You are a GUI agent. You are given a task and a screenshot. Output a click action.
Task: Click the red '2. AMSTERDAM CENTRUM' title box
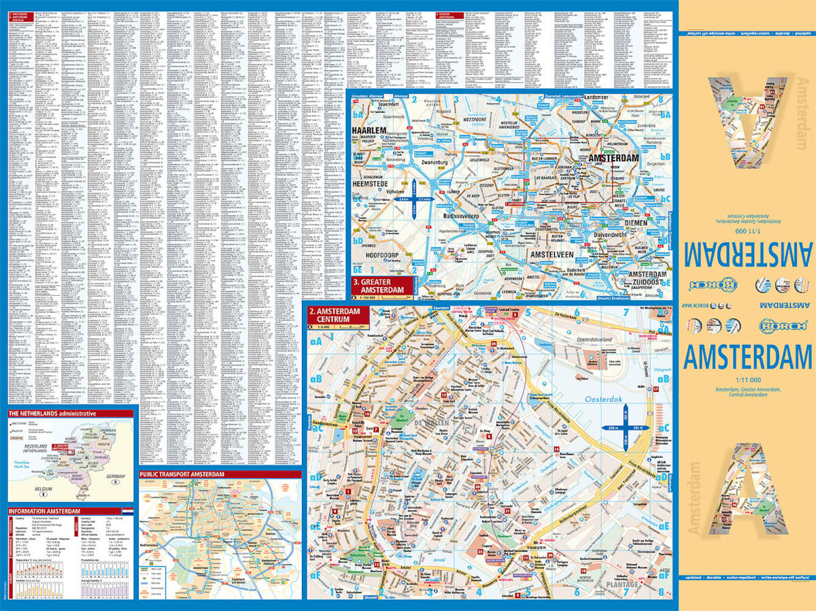(337, 316)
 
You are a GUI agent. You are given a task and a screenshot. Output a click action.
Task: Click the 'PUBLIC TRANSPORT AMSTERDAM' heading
(182, 474)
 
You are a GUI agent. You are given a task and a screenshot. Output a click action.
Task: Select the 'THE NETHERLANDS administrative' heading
(52, 414)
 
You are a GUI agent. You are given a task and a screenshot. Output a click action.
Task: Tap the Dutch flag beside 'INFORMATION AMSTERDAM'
(129, 510)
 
